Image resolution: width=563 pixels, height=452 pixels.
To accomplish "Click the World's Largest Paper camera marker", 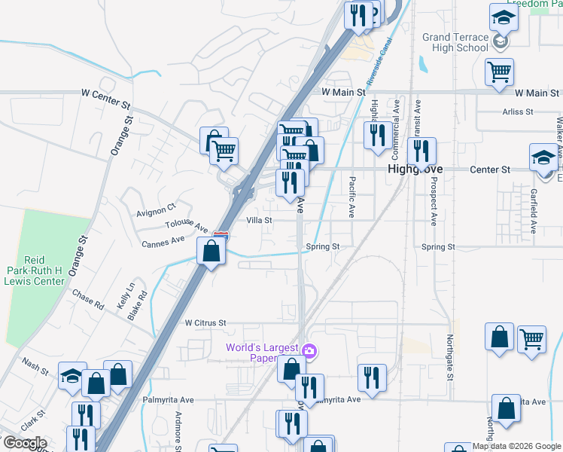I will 309,351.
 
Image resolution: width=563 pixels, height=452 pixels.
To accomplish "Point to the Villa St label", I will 259,221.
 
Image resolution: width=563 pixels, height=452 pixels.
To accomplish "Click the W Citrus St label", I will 205,322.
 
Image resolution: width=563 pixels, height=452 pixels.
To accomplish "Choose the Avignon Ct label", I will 156,208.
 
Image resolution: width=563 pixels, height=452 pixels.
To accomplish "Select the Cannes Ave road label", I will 163,241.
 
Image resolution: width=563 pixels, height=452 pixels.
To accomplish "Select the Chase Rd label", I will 88,300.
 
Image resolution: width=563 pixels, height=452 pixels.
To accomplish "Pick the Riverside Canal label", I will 380,60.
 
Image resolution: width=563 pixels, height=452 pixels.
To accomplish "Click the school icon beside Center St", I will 542,157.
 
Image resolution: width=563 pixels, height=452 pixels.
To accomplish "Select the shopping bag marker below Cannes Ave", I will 212,252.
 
